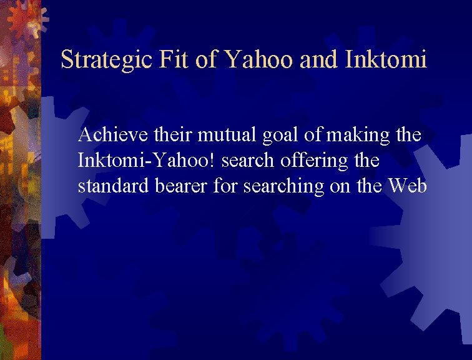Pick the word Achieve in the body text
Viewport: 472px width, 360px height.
(x=106, y=134)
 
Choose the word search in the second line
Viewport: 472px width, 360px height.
(x=247, y=161)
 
